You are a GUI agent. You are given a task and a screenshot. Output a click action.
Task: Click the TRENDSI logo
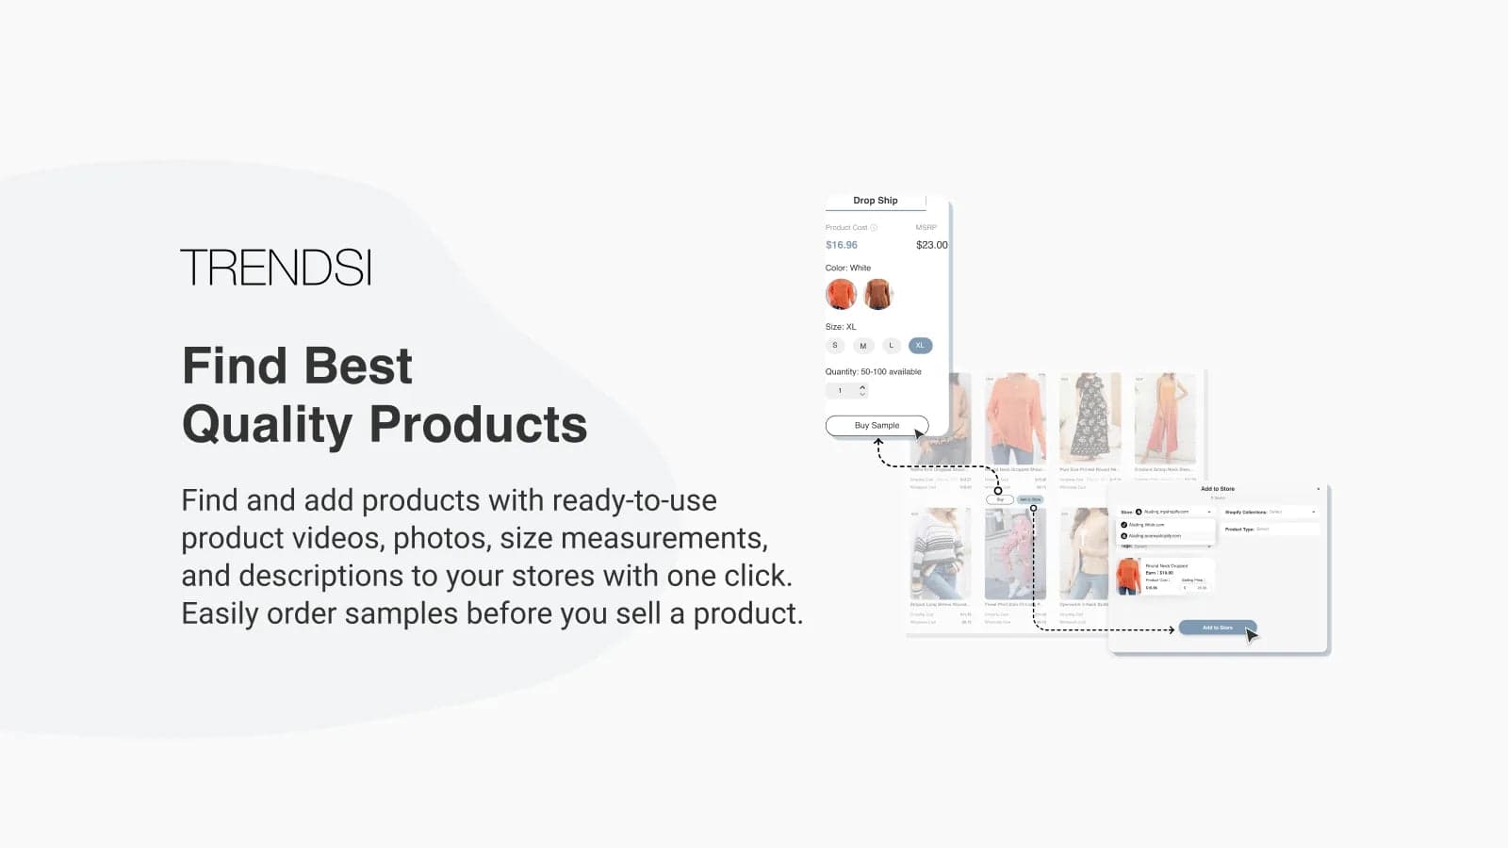(276, 268)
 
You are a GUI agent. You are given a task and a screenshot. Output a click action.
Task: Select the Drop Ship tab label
(875, 201)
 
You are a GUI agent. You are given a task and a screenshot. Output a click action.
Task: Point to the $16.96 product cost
(842, 245)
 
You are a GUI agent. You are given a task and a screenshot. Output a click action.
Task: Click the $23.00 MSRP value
(931, 245)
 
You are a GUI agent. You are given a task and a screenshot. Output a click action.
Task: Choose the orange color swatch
(841, 294)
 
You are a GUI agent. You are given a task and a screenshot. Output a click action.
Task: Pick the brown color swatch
(878, 294)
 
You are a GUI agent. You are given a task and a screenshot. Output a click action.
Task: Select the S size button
(835, 346)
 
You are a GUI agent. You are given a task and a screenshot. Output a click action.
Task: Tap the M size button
(862, 346)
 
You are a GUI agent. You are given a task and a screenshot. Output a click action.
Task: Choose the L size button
(892, 346)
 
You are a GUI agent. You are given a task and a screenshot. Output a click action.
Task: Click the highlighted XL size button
(921, 346)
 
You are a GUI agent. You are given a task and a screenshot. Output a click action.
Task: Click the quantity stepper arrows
(862, 390)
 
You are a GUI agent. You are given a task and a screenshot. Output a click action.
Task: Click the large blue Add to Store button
(1217, 628)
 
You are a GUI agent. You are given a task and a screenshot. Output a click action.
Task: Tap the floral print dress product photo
(1090, 417)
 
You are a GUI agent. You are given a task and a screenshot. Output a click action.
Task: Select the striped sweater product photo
(940, 554)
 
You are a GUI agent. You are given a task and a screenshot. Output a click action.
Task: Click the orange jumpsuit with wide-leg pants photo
(1165, 417)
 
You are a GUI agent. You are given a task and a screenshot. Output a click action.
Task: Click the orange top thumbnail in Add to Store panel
(1128, 576)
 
